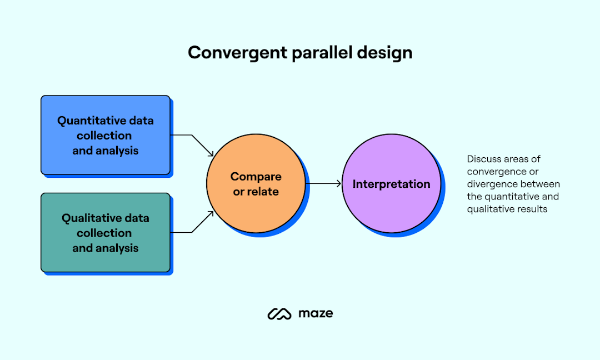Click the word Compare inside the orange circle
click(x=256, y=177)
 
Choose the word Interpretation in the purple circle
click(x=391, y=184)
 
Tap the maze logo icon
click(x=279, y=314)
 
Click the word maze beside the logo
click(x=316, y=313)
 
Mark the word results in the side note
click(x=532, y=209)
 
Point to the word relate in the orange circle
click(x=264, y=192)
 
